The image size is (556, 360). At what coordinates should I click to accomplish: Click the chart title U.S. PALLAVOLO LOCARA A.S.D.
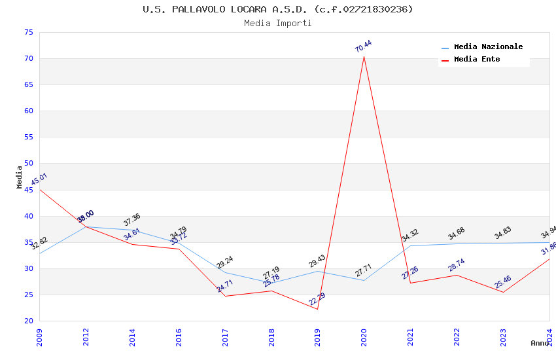pos(278,9)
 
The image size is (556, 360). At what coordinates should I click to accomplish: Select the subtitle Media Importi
pos(278,23)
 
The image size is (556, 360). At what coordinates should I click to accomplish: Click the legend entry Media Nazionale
pos(488,47)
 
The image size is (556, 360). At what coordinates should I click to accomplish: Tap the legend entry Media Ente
pos(477,60)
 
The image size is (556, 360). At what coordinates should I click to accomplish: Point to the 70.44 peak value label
pos(363,46)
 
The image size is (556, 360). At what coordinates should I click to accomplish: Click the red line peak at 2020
pos(364,56)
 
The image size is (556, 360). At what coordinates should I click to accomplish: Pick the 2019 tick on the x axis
pos(317,336)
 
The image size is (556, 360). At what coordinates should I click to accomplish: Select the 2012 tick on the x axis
pos(86,336)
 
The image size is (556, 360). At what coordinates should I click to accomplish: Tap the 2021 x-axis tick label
pos(410,336)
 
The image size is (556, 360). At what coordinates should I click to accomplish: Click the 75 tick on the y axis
pos(27,32)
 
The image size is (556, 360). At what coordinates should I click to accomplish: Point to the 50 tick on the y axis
pos(27,164)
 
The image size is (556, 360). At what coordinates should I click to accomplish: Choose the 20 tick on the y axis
pos(27,321)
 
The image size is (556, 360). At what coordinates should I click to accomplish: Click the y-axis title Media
pos(20,177)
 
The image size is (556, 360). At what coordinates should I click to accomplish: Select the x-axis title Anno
pos(540,343)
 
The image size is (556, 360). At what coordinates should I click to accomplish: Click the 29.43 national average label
pos(317,261)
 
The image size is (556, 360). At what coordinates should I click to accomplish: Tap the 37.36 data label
pos(131,220)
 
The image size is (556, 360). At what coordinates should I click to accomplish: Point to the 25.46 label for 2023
pos(502,282)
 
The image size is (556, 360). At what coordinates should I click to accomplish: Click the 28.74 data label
pos(456,265)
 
